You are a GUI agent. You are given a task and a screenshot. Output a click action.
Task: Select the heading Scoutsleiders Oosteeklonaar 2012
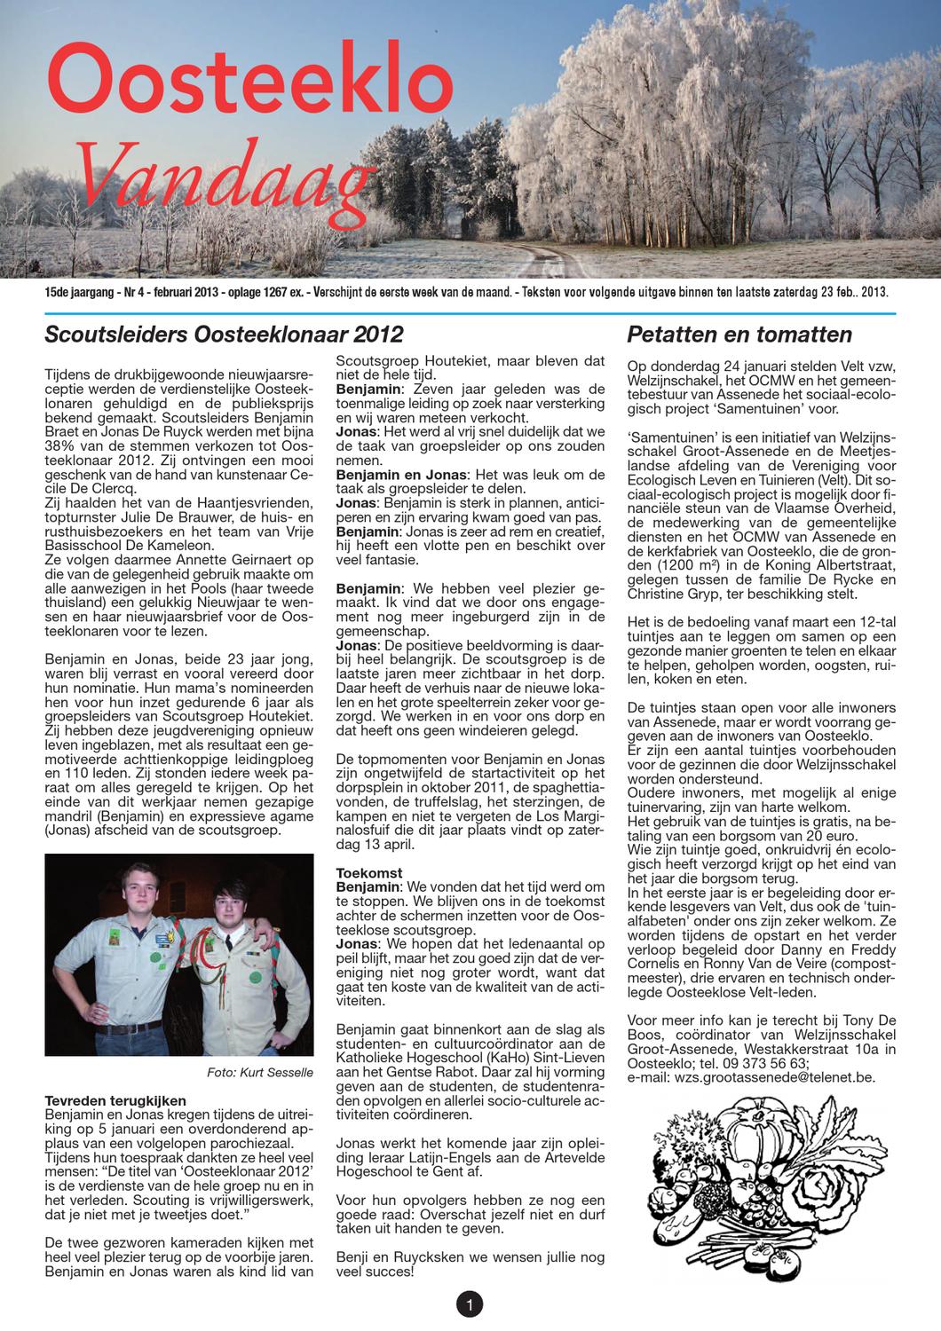pos(224,335)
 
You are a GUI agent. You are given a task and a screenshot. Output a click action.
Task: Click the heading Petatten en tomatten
pos(739,335)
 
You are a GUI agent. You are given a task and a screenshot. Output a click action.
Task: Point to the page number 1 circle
pos(469,1303)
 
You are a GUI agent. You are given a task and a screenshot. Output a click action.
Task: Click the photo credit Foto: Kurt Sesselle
pos(259,1072)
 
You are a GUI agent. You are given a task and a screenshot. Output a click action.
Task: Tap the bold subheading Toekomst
pos(369,873)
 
